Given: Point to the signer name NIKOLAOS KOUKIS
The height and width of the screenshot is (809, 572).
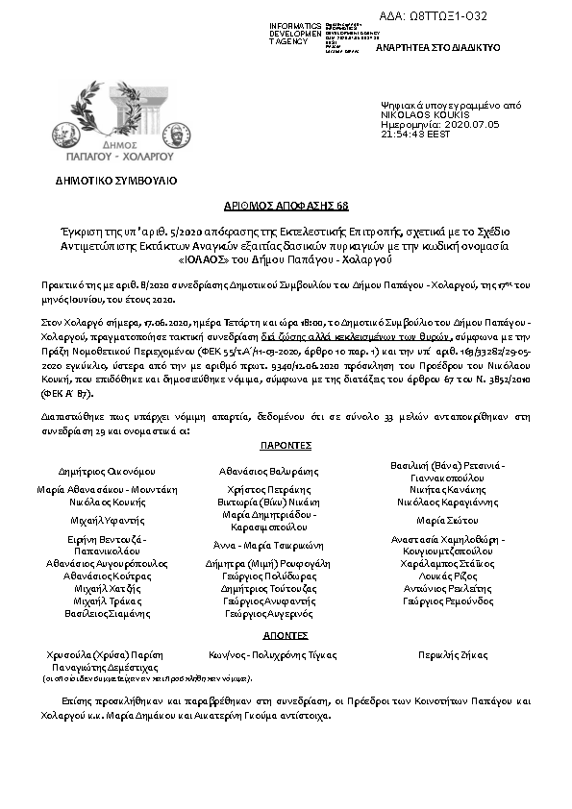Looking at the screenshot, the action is pos(421,114).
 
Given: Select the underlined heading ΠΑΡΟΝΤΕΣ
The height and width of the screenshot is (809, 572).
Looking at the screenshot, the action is pos(285,447).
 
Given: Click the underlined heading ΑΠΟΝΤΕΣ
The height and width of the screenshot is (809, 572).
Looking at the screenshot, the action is pos(285,635).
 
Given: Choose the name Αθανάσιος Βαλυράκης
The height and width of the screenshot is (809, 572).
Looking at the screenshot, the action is pos(269,472).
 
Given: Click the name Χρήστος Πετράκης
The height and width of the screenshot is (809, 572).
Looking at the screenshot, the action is pos(269,489).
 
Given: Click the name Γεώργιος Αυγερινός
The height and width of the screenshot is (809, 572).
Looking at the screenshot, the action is pos(269,612).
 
